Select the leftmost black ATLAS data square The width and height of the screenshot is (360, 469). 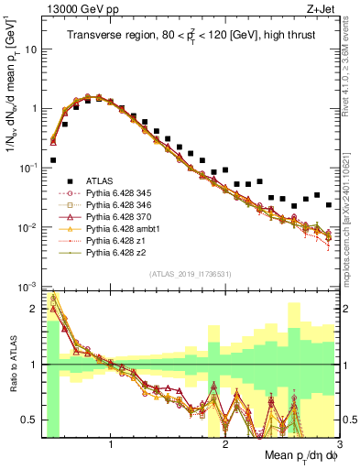click(53, 159)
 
